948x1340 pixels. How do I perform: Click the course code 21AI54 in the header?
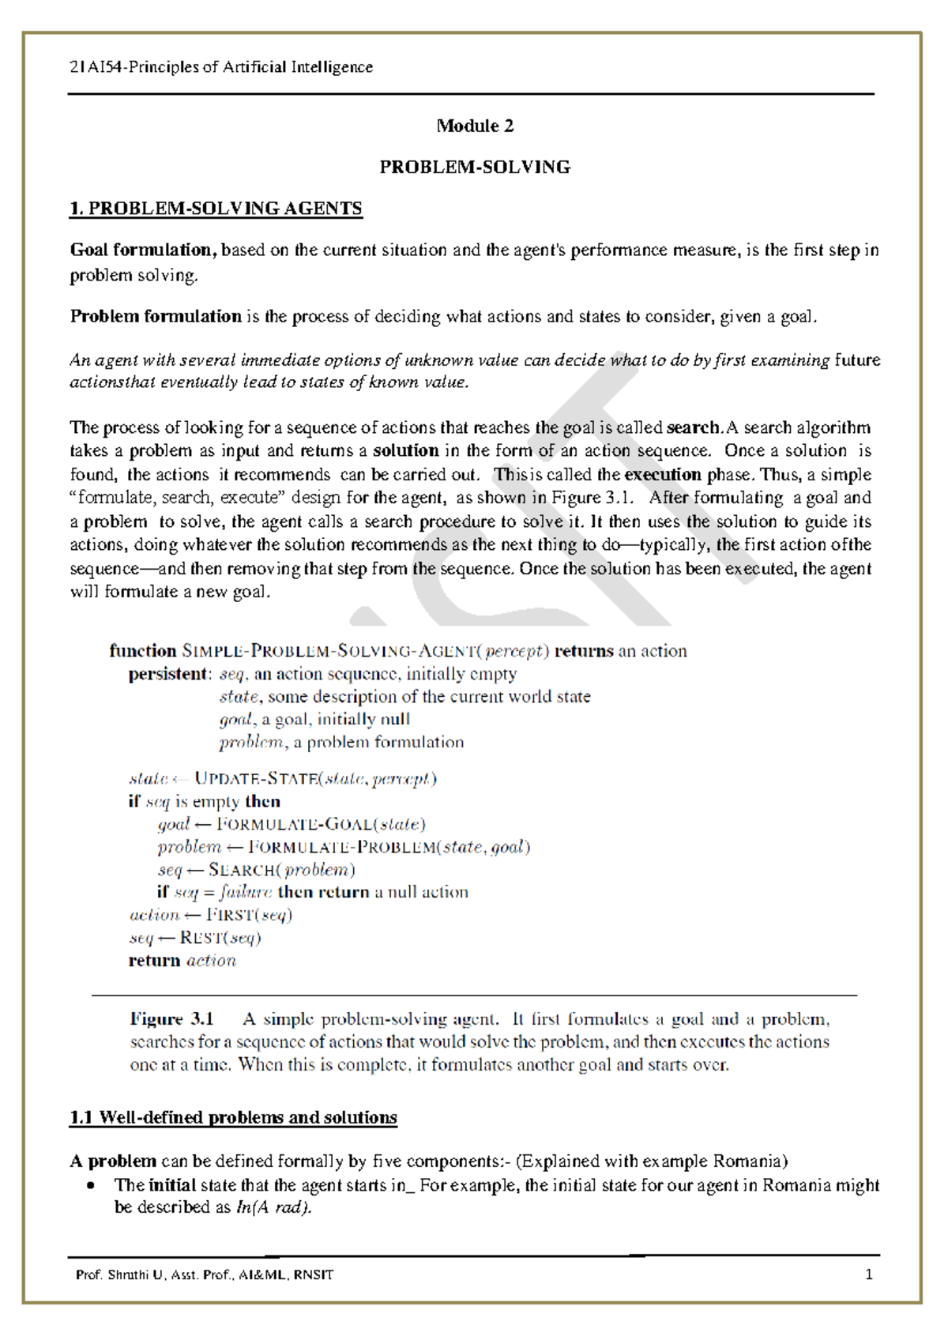(93, 67)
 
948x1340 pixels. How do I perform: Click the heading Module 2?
(475, 126)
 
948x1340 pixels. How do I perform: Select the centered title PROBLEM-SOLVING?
(475, 167)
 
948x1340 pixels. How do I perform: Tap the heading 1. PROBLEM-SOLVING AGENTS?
(216, 209)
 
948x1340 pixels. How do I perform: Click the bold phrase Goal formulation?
(143, 250)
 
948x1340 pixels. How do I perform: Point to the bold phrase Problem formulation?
(156, 317)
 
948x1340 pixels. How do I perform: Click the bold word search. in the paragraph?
(694, 428)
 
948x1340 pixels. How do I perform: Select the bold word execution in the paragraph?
(662, 475)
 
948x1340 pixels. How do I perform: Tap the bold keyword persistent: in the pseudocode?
(169, 675)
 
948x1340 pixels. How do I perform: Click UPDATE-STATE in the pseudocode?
(256, 779)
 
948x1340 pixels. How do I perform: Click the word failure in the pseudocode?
(246, 893)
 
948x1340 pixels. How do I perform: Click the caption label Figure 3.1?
(171, 1020)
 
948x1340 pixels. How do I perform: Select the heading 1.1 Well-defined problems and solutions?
(233, 1118)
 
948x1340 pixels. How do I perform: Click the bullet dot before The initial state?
(92, 1186)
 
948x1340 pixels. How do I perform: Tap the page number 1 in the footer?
(869, 1274)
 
